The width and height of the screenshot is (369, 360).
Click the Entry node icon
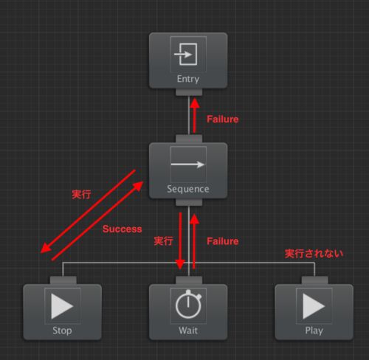point(186,55)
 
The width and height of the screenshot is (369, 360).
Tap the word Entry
point(188,79)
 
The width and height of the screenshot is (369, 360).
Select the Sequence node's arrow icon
point(188,165)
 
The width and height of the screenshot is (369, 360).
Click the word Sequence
point(188,189)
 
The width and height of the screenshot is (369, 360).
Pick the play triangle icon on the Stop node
point(62,306)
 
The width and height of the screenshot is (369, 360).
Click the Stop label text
point(62,330)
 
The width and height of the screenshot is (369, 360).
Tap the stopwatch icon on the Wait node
point(188,304)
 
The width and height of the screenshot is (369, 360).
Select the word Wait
point(188,330)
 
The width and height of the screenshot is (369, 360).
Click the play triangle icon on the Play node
point(314,306)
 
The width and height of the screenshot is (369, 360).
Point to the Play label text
point(314,330)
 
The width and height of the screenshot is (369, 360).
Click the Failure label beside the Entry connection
point(223,120)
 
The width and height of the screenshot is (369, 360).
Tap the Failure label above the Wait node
point(223,241)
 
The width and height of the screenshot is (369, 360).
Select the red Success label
point(123,229)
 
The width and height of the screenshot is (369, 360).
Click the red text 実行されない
point(314,254)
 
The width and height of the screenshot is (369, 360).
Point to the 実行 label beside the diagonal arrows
point(81,195)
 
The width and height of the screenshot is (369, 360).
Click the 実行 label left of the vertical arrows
point(163,241)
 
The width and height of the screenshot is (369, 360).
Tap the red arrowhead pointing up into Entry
point(195,103)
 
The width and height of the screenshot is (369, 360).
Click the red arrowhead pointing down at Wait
point(180,264)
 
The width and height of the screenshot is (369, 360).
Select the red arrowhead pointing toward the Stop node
point(46,249)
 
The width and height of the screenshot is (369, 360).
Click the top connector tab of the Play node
point(314,280)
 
